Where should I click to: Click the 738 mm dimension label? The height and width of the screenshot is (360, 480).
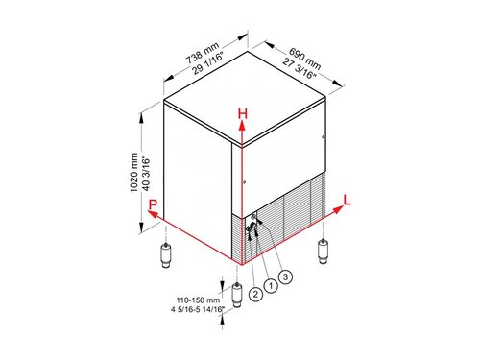(203, 53)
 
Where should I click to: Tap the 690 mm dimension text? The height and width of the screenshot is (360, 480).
(305, 59)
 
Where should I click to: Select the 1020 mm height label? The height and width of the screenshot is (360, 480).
(134, 173)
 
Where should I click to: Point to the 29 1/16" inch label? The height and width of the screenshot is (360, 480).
(207, 62)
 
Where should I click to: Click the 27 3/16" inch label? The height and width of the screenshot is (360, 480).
(299, 68)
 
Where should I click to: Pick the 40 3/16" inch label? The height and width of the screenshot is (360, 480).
(146, 173)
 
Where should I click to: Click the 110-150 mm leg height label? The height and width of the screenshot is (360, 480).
(199, 300)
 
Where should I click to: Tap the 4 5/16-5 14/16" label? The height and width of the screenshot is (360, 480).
(198, 310)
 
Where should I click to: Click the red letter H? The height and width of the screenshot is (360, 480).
(243, 113)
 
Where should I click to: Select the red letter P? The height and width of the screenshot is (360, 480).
(154, 204)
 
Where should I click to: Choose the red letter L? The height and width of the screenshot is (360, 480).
(347, 200)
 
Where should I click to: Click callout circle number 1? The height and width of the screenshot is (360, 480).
(271, 285)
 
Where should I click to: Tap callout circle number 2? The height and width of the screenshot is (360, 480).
(255, 294)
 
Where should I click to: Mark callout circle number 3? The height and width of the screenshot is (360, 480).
(285, 276)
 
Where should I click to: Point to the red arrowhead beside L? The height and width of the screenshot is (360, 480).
(338, 210)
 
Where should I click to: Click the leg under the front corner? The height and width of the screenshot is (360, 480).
(236, 295)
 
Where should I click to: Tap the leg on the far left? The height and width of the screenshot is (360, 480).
(166, 255)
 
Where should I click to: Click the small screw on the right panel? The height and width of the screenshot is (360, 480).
(323, 137)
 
